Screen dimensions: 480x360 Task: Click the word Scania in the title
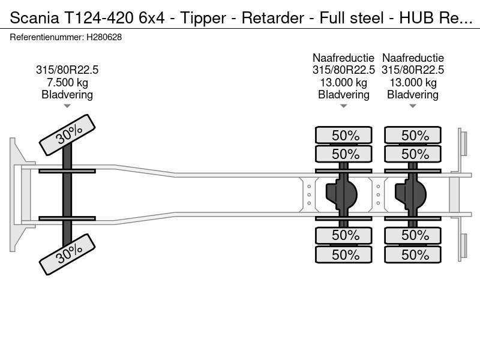(34, 18)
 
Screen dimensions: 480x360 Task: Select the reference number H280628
(104, 37)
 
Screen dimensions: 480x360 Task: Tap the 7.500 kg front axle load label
(67, 82)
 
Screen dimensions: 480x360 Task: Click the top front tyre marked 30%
(67, 134)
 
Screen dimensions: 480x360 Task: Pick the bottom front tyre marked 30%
(67, 254)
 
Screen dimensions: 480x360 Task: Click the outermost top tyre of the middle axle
(344, 135)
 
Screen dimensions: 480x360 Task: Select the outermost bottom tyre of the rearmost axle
(413, 254)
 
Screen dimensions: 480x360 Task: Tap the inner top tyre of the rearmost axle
(413, 154)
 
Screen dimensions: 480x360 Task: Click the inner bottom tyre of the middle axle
(344, 235)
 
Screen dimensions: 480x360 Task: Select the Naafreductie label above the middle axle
(343, 58)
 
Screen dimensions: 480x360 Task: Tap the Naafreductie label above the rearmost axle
(413, 58)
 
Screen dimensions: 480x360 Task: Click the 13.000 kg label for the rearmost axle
(413, 82)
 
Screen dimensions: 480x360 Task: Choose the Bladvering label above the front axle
(67, 95)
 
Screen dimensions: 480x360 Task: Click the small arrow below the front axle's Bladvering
(67, 106)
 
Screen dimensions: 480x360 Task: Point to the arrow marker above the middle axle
(344, 106)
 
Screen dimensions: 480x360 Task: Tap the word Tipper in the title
(203, 19)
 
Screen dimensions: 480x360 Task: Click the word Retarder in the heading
(273, 18)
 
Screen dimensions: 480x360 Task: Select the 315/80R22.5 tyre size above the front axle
(67, 70)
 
